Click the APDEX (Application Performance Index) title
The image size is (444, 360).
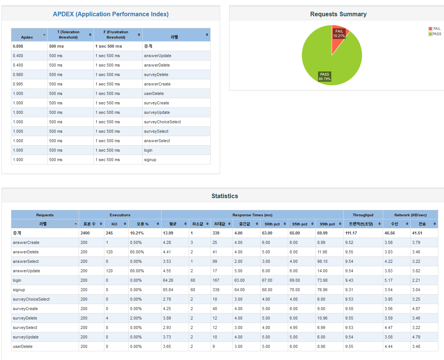coord(111,14)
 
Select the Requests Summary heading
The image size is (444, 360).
coord(338,14)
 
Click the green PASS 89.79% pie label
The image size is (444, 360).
coord(324,76)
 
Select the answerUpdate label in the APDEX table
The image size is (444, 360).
coord(157,56)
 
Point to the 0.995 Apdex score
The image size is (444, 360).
coord(18,84)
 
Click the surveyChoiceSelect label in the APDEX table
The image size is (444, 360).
coord(162,122)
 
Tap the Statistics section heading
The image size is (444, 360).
coord(225,196)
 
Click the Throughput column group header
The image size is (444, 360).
coord(363,215)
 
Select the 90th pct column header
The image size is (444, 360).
coord(272,224)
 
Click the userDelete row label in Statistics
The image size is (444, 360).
coord(23,346)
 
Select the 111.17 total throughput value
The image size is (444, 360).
coord(351,233)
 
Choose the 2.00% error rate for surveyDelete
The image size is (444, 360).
coord(136,318)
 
